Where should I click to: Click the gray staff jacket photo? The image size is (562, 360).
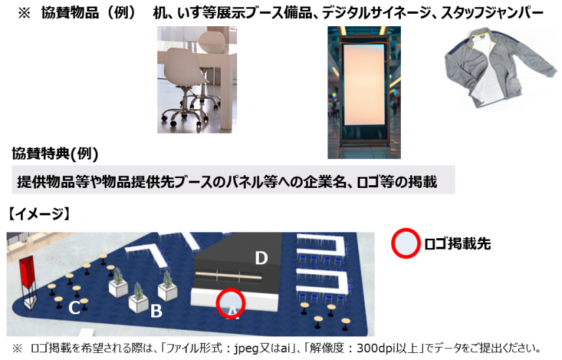coord(501,68)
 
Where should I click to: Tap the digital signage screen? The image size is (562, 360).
coord(364,84)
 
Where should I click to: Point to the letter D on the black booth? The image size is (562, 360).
coord(261,258)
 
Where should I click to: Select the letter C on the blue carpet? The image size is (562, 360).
coord(74,308)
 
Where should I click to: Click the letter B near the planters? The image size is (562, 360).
coord(157,311)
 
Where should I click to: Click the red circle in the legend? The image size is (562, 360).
coord(405,243)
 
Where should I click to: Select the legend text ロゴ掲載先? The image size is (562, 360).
coord(457,244)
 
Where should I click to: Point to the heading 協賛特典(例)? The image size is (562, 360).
coord(55,154)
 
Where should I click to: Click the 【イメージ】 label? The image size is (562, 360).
coord(39,214)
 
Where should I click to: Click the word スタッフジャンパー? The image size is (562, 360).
coord(492,13)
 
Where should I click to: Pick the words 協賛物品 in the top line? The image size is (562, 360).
coord(70,13)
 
